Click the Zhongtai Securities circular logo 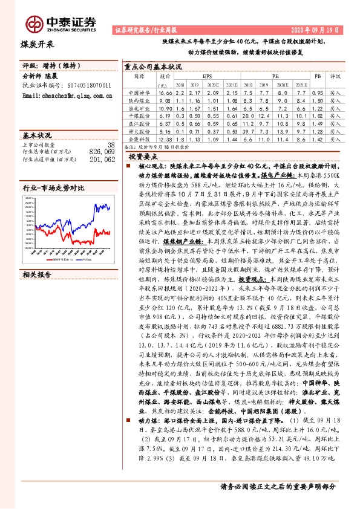point(29,23)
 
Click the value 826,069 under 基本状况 point(100,152)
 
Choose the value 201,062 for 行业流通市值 point(100,160)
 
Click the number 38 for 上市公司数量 point(110,145)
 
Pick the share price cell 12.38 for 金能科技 point(165,138)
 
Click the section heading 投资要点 point(146,155)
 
